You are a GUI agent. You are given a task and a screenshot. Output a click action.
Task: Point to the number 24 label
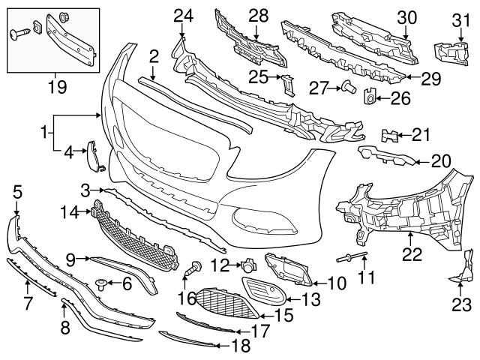click(183, 14)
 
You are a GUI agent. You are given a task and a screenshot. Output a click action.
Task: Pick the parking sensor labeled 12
click(246, 265)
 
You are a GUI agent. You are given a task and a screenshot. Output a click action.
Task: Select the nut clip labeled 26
click(369, 95)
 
